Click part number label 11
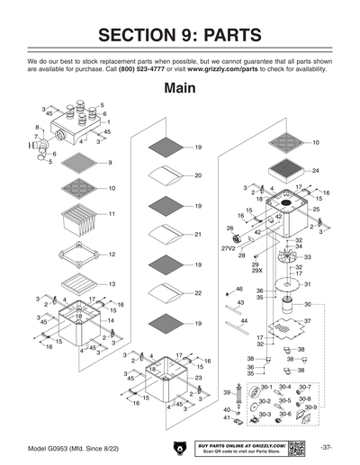coord(112,214)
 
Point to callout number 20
coord(197,175)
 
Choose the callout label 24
coord(315,170)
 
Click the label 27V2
coord(229,248)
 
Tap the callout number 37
coord(307,320)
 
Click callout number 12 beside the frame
coord(112,255)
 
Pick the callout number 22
coord(197,293)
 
